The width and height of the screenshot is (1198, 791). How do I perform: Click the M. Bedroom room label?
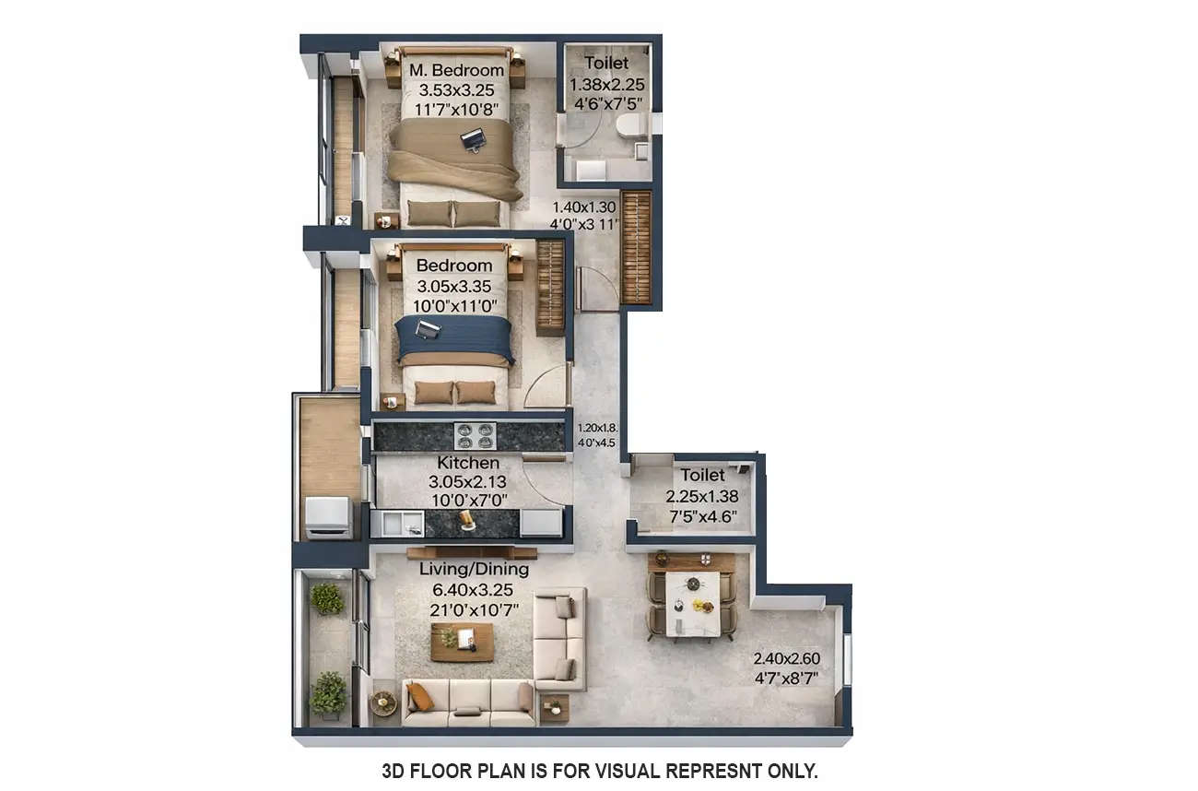(457, 70)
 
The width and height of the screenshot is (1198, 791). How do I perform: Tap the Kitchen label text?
(468, 463)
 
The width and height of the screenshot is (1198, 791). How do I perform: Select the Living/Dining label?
(474, 569)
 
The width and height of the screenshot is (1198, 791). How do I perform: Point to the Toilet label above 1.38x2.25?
(606, 63)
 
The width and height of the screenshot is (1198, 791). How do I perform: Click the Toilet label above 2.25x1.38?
(702, 476)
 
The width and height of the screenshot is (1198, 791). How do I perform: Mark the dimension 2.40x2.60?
(786, 658)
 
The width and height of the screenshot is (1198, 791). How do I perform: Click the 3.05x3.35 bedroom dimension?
(453, 286)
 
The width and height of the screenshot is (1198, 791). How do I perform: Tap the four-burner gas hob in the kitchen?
(476, 435)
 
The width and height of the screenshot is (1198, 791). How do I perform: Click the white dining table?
(691, 604)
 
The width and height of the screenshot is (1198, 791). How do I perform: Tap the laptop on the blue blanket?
(428, 329)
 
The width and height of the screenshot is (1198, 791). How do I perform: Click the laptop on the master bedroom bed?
(473, 140)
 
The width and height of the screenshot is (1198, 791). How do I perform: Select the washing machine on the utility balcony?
(327, 516)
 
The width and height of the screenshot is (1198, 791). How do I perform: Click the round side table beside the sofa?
(382, 704)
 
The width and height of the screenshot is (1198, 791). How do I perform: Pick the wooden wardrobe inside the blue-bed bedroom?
(550, 287)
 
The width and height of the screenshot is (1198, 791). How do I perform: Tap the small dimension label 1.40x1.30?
(584, 207)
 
